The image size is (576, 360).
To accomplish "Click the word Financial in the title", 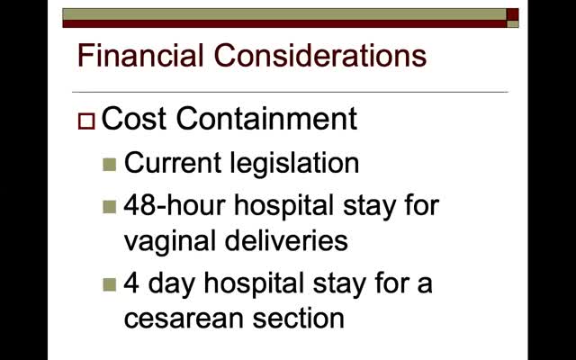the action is (x=140, y=55).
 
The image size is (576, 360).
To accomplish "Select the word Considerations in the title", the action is (x=320, y=55).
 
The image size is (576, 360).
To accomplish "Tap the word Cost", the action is (x=133, y=118).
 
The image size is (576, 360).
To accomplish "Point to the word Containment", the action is (x=266, y=118).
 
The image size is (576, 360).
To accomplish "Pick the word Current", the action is (x=173, y=163).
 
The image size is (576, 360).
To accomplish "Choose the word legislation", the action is (x=294, y=164).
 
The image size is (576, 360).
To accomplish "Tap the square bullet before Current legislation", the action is (x=110, y=165).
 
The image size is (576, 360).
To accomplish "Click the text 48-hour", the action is (x=175, y=204).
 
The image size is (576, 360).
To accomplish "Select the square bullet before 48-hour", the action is (x=110, y=207).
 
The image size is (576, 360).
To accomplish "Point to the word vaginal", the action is (x=169, y=242).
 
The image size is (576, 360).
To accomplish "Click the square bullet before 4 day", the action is (x=110, y=284).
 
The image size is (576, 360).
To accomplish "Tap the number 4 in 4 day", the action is (x=131, y=283).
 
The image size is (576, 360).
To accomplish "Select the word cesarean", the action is (x=184, y=319).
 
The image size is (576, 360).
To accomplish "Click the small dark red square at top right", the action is (x=512, y=14).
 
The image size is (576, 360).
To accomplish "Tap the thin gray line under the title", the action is (x=290, y=92).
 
